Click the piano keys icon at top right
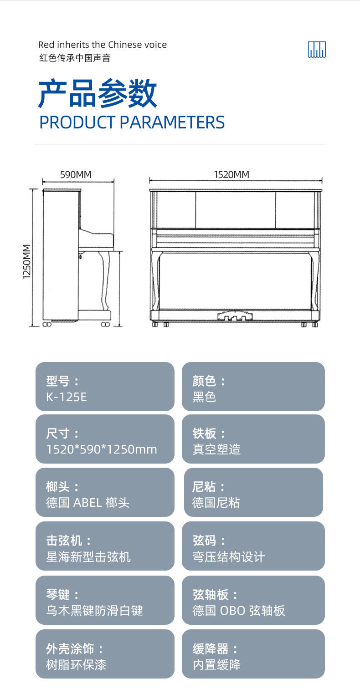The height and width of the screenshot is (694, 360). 317,50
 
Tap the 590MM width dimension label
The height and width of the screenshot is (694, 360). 76,175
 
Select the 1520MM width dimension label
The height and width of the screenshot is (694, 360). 231,175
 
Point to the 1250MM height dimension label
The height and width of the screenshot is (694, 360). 27,262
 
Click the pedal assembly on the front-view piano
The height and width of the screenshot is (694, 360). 235,316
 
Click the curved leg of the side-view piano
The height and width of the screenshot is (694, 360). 105,281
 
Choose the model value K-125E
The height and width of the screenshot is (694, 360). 67,397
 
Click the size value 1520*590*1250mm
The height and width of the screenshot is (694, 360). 102,449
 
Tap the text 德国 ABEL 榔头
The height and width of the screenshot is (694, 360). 87,503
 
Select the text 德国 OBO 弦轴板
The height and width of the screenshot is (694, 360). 238,610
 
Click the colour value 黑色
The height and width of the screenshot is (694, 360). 204,397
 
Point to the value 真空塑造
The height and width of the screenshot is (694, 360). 216,449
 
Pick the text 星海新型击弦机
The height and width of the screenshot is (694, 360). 88,557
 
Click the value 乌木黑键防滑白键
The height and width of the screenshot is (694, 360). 95,610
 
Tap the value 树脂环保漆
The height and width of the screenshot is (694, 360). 76,664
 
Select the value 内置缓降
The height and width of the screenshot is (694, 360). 216,664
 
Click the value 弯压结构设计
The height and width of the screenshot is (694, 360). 229,557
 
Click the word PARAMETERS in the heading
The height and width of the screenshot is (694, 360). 172,122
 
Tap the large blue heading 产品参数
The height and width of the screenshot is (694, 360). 98,93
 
